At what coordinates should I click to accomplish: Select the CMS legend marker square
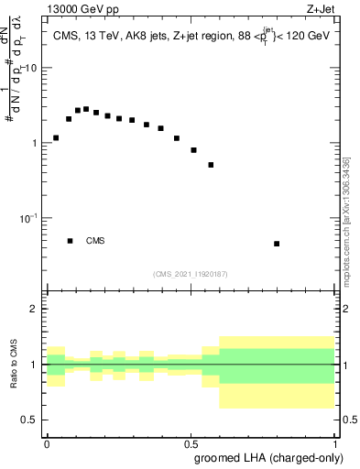[70, 241]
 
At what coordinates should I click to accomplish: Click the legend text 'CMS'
[95, 241]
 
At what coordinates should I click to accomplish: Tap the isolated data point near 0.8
[277, 244]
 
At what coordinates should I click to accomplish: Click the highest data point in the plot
[86, 109]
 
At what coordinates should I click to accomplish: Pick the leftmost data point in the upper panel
[56, 138]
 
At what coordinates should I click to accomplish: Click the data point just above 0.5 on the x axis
[193, 149]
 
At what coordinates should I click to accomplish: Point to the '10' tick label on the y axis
[31, 69]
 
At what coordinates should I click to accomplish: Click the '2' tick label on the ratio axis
[35, 309]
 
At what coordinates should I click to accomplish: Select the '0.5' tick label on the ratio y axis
[30, 420]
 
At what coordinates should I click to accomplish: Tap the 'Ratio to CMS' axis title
[14, 363]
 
